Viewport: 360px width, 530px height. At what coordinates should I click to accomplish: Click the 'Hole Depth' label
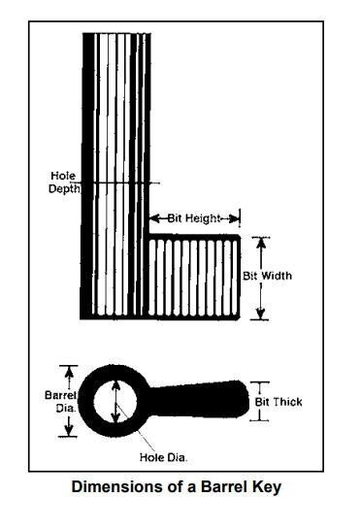coord(65,182)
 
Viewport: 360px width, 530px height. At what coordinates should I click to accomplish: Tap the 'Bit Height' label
coord(194,218)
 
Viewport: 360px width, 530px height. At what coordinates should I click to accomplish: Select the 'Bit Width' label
coord(267,276)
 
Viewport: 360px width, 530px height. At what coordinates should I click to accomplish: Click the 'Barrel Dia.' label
coord(61,402)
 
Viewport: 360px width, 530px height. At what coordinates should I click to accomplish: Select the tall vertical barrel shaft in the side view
coord(117,146)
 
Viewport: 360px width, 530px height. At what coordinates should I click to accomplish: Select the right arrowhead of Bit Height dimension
coord(236,218)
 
